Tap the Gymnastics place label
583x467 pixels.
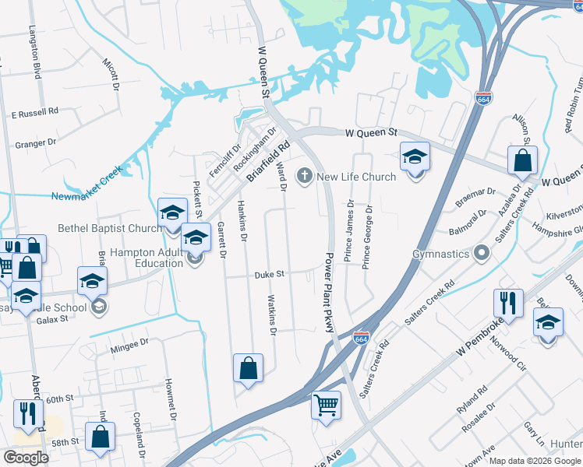[441, 254]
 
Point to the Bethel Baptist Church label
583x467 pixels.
[110, 229]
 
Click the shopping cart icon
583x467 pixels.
[326, 404]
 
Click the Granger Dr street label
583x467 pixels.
[36, 143]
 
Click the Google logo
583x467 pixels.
[26, 458]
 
